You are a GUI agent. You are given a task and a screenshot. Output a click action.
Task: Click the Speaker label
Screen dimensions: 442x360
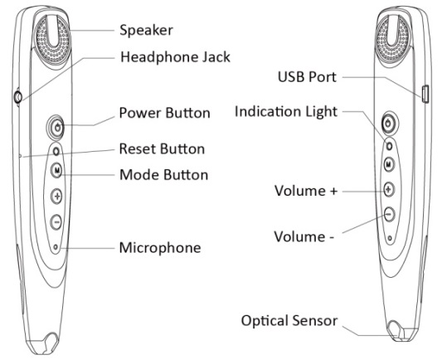pos(146,30)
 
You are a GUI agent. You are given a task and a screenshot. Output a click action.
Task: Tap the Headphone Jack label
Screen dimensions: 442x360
pos(175,57)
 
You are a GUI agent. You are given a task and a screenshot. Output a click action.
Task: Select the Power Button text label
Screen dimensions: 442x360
pos(165,113)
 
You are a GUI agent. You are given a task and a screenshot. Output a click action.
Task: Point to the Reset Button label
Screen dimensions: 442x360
pos(162,148)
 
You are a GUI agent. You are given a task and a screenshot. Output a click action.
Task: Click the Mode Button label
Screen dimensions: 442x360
pos(163,174)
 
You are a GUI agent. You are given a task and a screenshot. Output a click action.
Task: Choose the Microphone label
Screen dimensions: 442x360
pos(160,248)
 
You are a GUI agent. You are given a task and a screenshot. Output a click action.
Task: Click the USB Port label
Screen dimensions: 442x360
pos(308,76)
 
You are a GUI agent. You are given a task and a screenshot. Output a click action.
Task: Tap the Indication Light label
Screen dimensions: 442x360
pos(286,111)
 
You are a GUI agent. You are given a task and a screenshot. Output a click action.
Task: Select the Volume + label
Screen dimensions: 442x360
pos(306,191)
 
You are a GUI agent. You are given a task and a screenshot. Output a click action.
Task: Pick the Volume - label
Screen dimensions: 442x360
pos(304,236)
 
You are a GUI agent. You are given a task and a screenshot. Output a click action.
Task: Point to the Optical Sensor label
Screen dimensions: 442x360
pos(289,320)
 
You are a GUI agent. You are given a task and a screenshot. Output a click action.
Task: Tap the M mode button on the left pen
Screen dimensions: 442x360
pos(57,170)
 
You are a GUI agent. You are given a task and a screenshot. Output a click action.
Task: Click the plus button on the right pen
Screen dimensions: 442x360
pos(389,189)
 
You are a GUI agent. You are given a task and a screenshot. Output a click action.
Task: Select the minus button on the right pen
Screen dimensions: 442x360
pos(389,215)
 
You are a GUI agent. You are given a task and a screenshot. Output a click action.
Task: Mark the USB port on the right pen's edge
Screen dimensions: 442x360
pos(425,94)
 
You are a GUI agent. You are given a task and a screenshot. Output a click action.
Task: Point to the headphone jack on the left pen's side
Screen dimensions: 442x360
pos(17,97)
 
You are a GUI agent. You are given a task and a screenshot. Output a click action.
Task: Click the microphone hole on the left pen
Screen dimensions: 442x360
pos(56,247)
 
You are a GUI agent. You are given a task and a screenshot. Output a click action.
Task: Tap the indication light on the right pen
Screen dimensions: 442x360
pos(389,146)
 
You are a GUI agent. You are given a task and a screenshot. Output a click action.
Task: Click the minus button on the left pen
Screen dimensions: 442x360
pos(56,221)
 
